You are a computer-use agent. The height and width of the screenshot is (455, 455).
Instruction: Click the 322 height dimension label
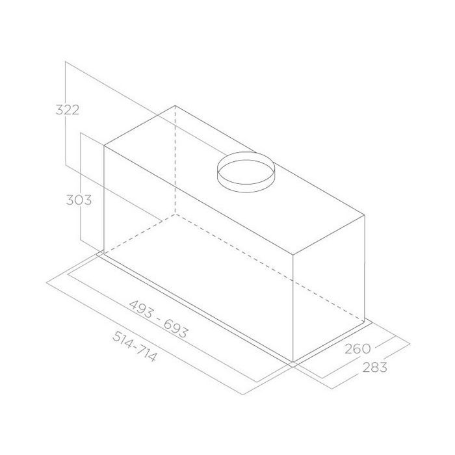click(x=68, y=110)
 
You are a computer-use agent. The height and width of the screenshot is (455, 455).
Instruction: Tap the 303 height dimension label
click(x=79, y=200)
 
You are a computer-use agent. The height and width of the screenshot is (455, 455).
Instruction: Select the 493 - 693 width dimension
click(x=159, y=319)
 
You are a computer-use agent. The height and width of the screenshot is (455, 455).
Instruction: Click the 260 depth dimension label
click(x=357, y=349)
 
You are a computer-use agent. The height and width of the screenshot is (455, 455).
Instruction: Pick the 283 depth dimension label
click(x=374, y=367)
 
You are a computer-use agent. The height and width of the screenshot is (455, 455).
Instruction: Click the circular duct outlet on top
click(x=246, y=172)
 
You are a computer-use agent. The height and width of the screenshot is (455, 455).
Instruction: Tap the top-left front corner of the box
click(x=104, y=146)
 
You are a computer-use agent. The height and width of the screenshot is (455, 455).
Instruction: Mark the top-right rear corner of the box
click(x=365, y=215)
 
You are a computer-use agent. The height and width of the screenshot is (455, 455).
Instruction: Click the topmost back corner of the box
click(x=175, y=105)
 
